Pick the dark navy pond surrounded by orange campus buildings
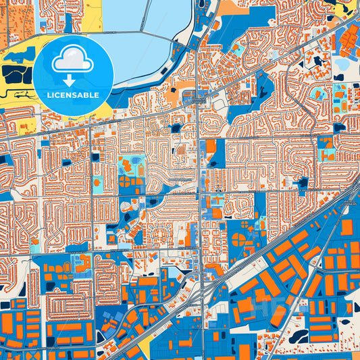[x=317, y=61]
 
